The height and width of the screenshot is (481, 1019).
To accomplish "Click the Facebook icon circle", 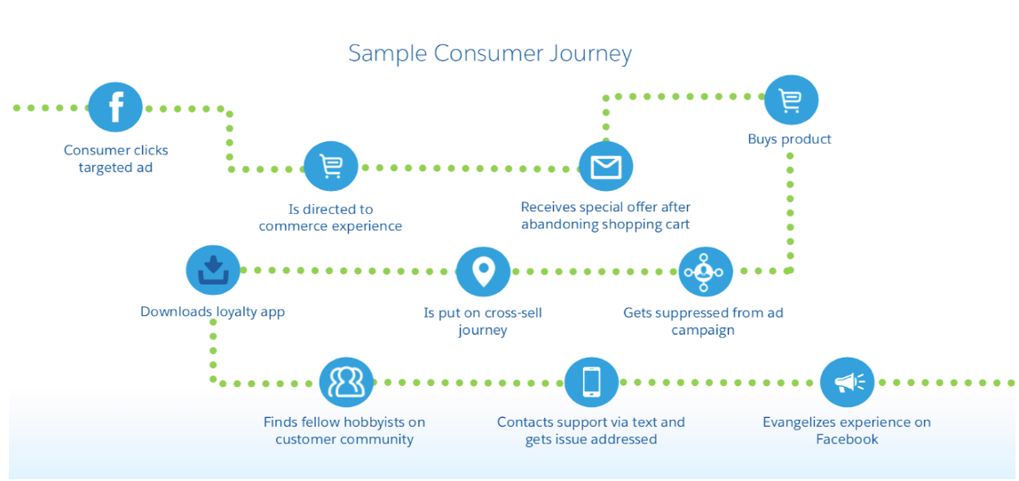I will (x=115, y=106).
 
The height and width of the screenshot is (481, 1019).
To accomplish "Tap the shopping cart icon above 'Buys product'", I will (x=790, y=100).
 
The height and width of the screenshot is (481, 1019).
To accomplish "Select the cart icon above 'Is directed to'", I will (x=330, y=166).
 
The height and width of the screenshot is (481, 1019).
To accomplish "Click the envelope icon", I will (x=605, y=166).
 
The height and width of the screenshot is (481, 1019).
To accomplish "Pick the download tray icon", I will (x=213, y=270).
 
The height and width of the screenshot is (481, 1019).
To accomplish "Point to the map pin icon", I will (x=483, y=272).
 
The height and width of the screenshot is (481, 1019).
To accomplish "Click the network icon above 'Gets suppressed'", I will (x=706, y=272).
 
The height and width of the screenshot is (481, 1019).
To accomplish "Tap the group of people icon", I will (x=345, y=382).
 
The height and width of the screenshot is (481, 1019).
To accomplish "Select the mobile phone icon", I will (x=591, y=382).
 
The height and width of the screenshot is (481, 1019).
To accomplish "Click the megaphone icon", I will (x=847, y=382).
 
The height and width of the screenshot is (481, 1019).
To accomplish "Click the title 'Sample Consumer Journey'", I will (x=490, y=53).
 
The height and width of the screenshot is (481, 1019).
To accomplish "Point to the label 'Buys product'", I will (x=789, y=139).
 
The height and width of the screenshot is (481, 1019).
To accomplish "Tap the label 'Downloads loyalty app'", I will (x=212, y=312).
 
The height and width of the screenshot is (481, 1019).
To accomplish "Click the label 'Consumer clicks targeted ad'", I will (x=115, y=159).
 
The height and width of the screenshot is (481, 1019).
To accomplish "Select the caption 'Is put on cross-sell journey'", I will (x=483, y=321).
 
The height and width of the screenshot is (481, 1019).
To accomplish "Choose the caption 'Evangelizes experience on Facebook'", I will (x=846, y=430).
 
